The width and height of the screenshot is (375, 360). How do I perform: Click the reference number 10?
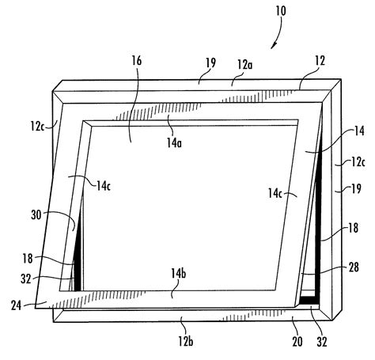coord(281,11)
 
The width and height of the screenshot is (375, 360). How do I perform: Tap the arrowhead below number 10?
coord(274,45)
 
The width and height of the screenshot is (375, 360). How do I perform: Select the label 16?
coord(137,60)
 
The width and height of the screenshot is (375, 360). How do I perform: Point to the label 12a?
coord(245,64)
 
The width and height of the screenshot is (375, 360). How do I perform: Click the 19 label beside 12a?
coord(210,63)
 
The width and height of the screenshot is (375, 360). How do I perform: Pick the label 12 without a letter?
coord(320,61)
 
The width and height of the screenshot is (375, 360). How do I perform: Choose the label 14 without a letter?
coord(359,131)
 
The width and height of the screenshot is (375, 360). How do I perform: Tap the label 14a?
coord(174,142)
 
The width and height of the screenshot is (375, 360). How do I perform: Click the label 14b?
coord(178,274)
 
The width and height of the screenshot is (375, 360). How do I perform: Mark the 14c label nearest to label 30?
coord(104,186)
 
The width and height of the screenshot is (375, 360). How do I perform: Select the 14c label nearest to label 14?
coord(275,193)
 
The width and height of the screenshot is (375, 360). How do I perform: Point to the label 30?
coord(36,215)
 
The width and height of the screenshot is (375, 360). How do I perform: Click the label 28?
coord(354,267)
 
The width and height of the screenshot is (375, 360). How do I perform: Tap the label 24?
coord(16,305)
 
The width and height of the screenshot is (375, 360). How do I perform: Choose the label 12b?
coord(186,342)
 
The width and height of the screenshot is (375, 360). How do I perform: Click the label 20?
coord(297,342)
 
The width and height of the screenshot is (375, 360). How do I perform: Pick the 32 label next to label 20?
coord(322,342)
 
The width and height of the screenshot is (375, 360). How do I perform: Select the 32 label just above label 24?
coord(26,279)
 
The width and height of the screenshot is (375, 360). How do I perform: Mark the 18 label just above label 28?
coord(354,228)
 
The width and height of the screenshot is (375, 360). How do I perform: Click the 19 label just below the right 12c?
coord(356,189)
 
